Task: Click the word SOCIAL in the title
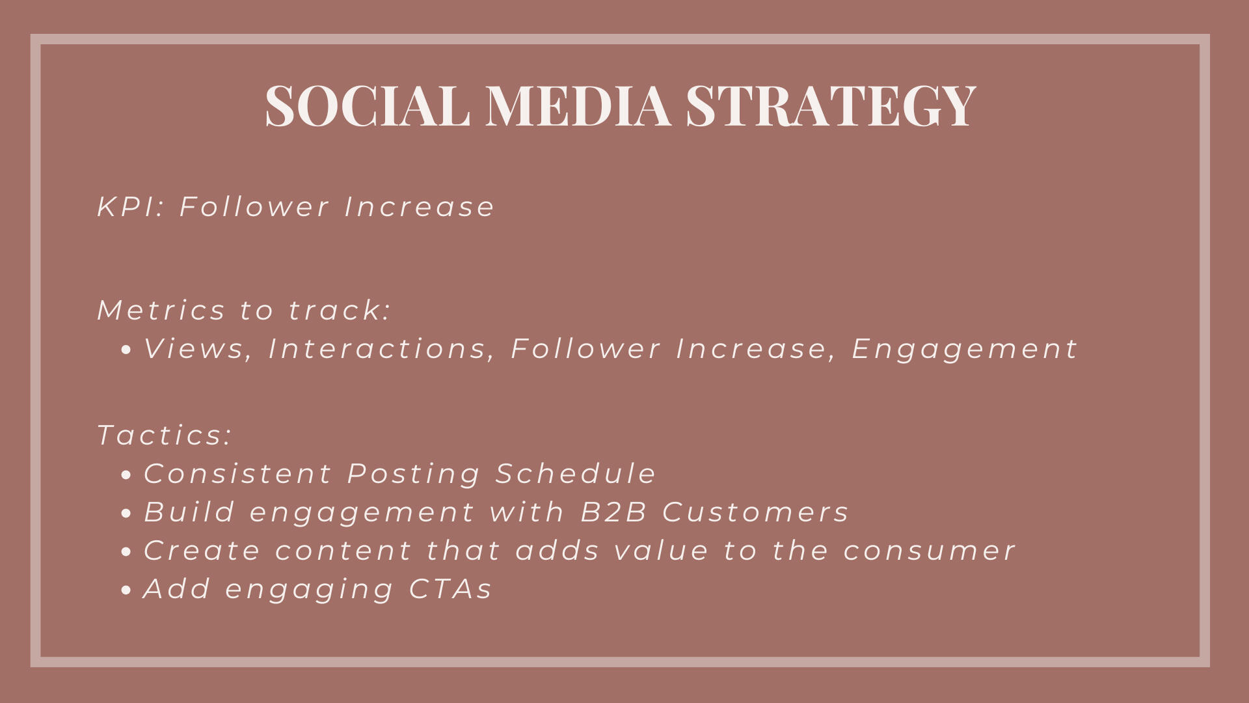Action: pos(368,105)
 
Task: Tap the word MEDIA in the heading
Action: pos(578,105)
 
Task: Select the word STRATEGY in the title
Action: pos(831,105)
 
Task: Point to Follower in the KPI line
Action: pos(254,207)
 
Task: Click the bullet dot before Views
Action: pos(126,350)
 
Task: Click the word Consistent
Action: pos(237,473)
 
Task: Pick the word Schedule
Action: pos(576,473)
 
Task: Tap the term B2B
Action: pos(613,512)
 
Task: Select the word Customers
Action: pos(755,512)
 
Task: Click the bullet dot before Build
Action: pos(126,514)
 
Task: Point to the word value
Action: pos(661,551)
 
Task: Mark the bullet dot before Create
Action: pos(126,552)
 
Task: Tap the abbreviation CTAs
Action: pos(450,588)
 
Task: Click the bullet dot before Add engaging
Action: pos(126,590)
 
